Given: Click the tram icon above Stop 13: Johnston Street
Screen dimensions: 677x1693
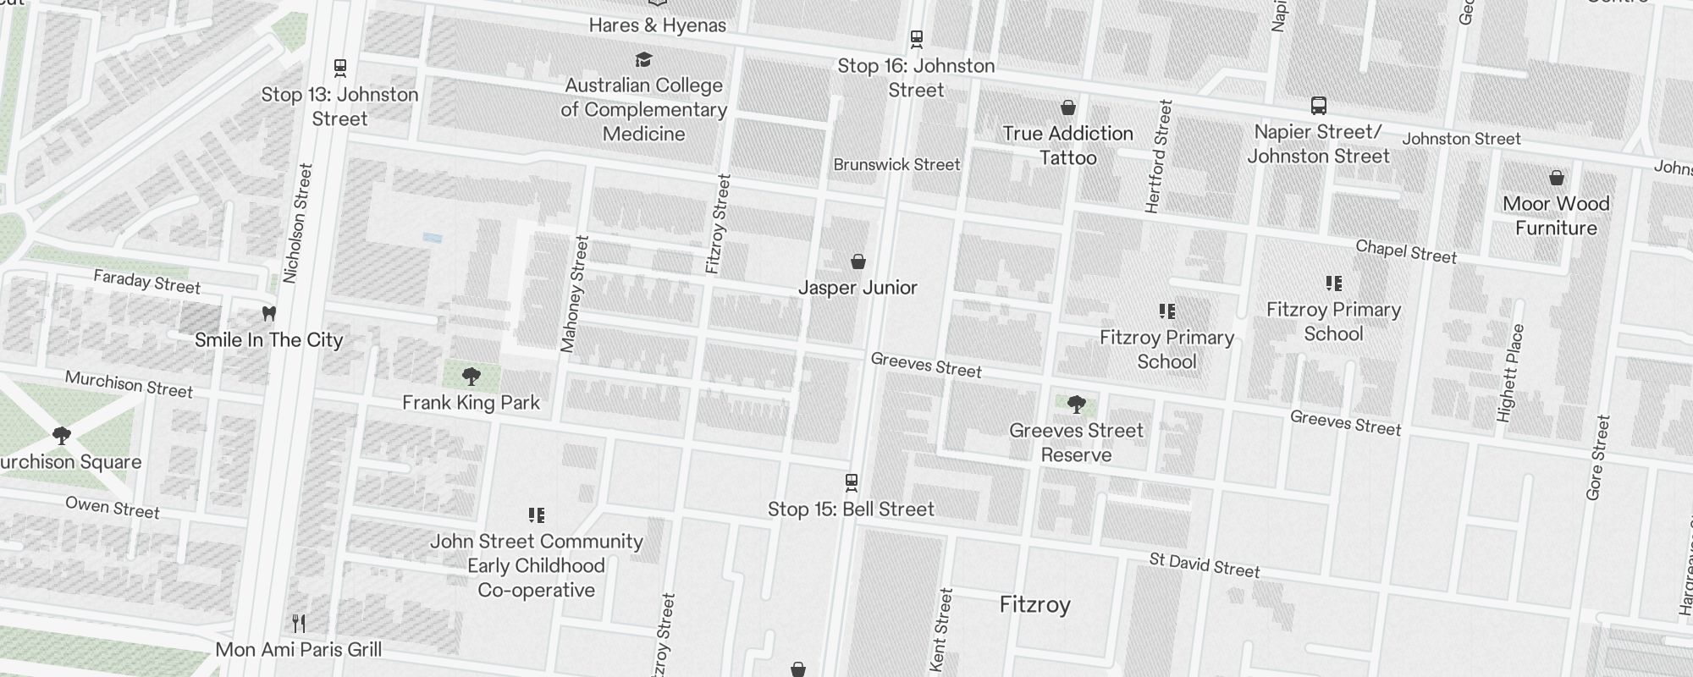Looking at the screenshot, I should [340, 67].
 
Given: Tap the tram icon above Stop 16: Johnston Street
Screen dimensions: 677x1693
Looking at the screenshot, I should [916, 38].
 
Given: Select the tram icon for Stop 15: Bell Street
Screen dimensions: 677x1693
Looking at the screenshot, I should [852, 482].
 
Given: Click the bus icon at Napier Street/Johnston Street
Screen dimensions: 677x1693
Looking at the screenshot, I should [1318, 106].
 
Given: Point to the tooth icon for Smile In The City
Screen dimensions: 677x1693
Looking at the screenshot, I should [269, 314].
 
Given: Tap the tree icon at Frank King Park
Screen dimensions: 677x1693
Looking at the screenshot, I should [472, 377].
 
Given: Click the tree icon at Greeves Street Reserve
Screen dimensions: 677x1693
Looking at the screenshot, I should [1076, 405].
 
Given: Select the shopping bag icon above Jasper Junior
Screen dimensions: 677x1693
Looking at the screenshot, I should [858, 261].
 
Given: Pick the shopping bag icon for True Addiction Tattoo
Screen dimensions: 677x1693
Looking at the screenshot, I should [1068, 107].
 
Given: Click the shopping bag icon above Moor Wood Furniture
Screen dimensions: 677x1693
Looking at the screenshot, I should [1556, 178].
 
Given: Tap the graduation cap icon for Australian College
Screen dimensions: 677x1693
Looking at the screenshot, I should [644, 59].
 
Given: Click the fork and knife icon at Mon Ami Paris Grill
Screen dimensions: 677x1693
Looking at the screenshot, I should [298, 624].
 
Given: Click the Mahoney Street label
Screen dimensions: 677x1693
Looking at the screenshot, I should [574, 294].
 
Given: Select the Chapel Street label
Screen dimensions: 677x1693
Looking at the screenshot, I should [1406, 251].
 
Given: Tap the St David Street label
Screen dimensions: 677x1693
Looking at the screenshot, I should [1205, 565].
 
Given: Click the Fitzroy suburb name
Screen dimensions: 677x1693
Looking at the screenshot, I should [1034, 604].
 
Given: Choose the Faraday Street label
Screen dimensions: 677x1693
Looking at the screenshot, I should [146, 282].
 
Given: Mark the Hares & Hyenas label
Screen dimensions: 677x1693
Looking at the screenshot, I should [657, 25].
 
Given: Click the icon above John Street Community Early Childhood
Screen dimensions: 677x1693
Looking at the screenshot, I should [536, 515].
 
